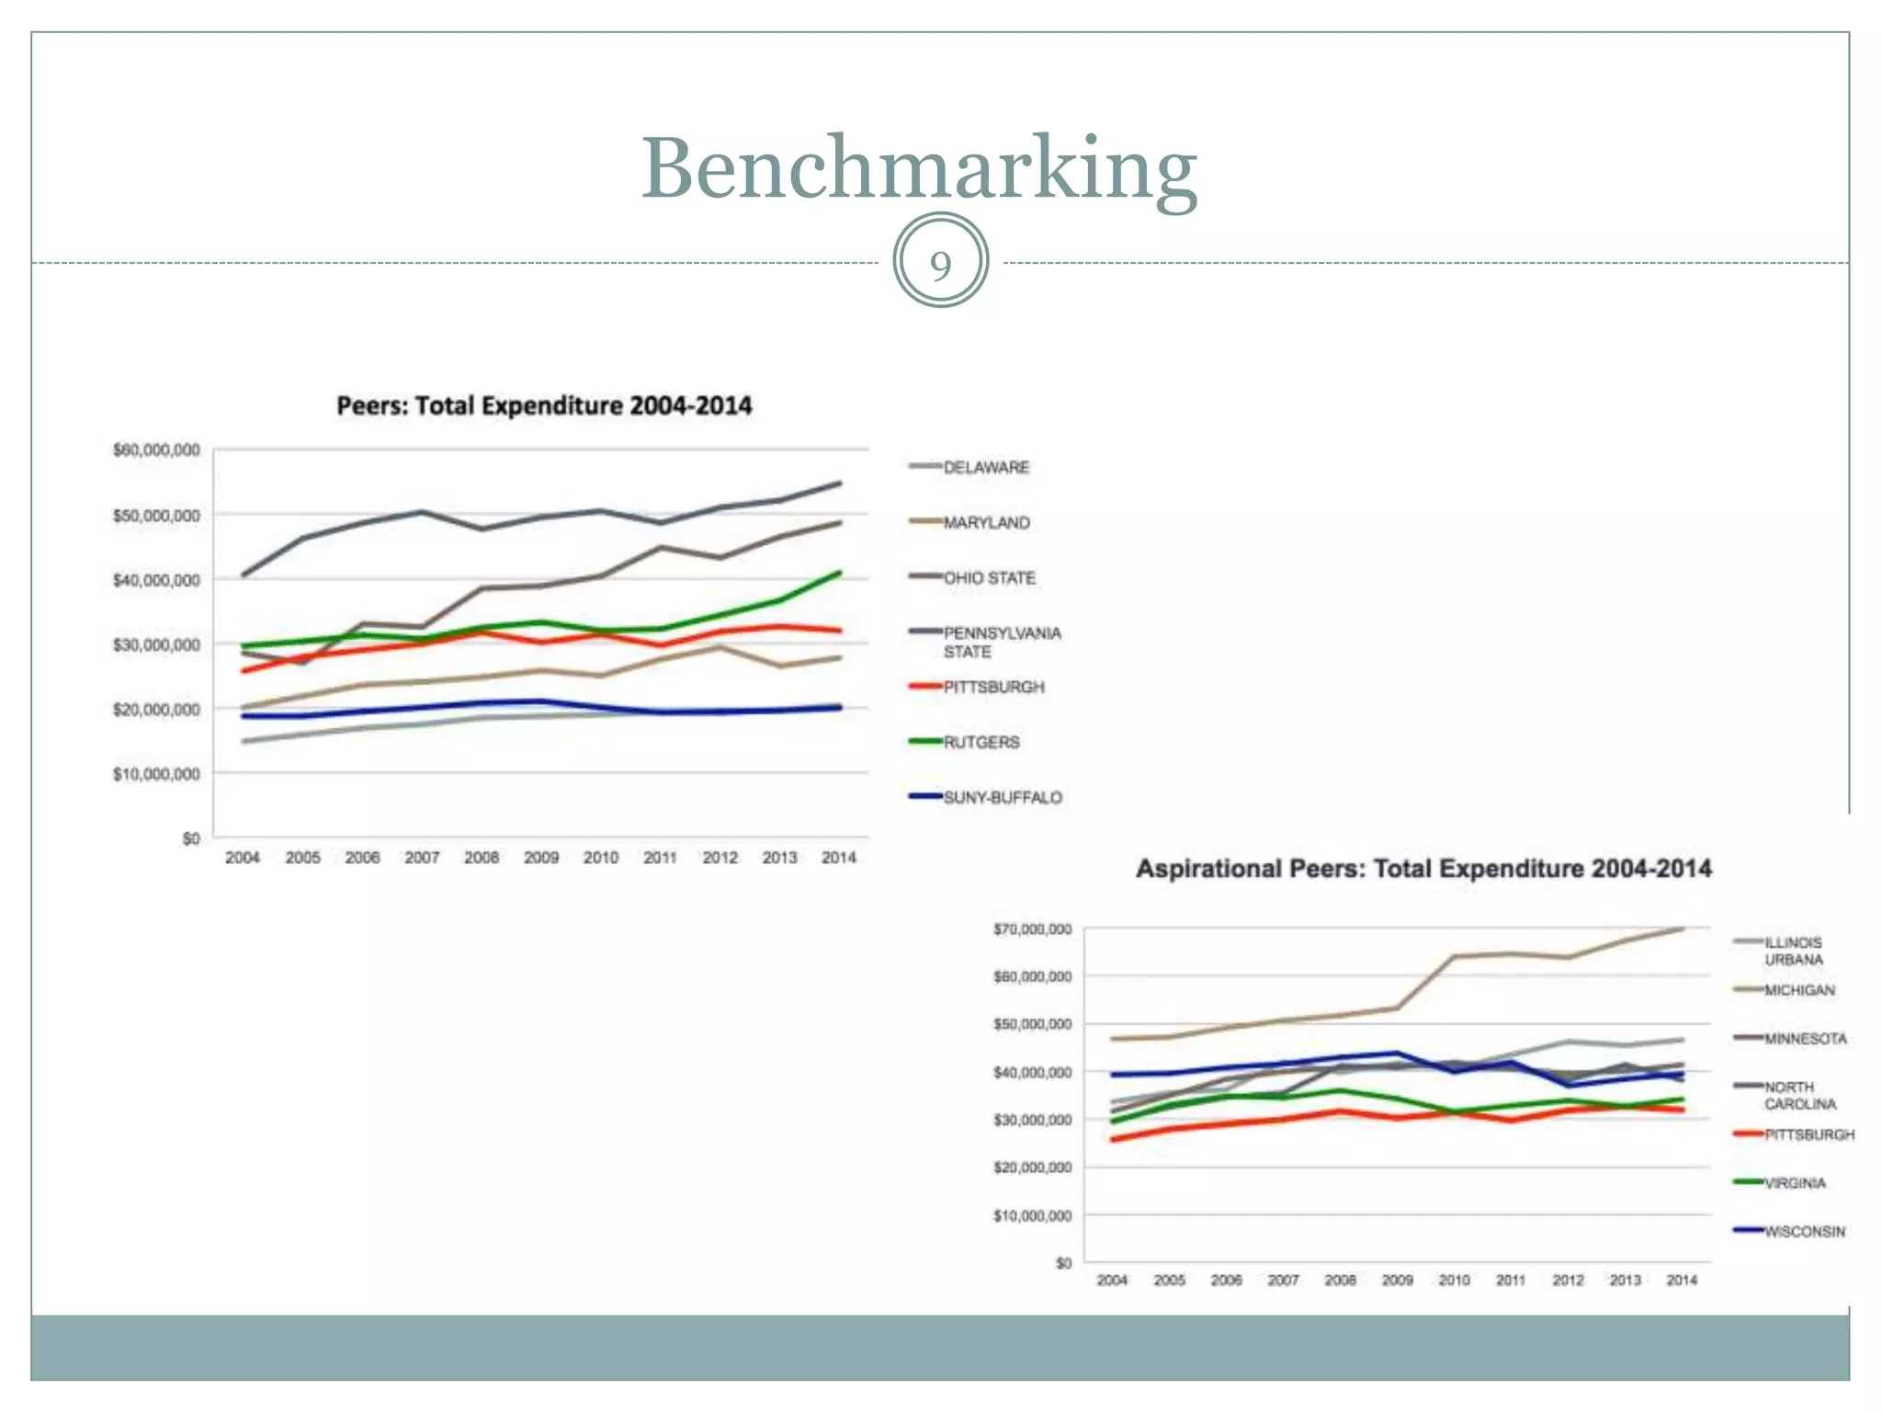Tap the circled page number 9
coord(940,265)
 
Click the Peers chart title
coord(544,405)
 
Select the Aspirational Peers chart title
coord(1423,869)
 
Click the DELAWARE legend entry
coord(985,467)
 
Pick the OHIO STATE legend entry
coord(989,577)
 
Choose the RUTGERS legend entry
coord(981,742)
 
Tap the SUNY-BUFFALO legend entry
coord(1002,797)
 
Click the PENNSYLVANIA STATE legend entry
coord(1001,642)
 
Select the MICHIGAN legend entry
coord(1798,990)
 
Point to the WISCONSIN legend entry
coord(1804,1231)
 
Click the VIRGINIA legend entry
coord(1794,1183)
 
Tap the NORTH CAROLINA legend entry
coord(1798,1095)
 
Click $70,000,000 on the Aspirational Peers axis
coord(1032,929)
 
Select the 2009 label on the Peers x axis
coord(541,858)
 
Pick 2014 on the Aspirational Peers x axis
coord(1682,1280)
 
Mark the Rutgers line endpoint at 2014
coord(839,573)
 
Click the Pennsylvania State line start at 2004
coord(244,575)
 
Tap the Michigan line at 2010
coord(1455,956)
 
